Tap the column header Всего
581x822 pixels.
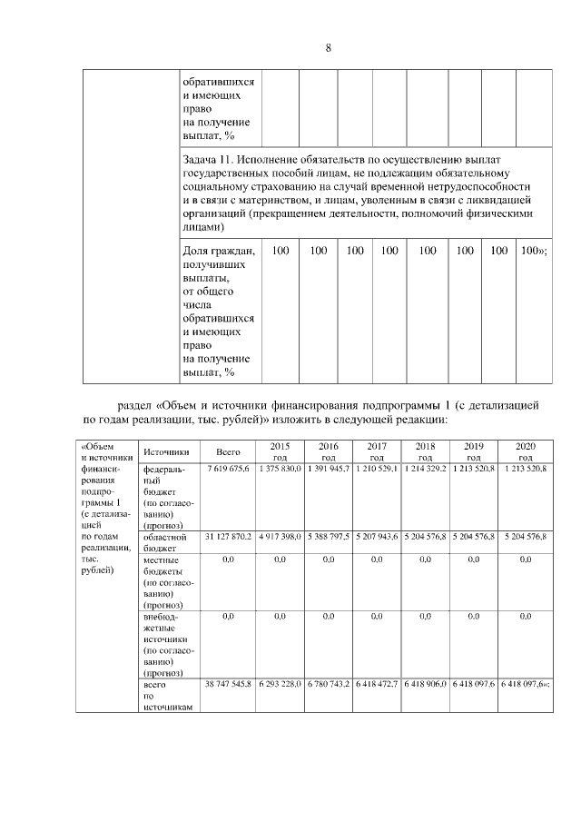tap(228, 451)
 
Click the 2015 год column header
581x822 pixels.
tap(280, 451)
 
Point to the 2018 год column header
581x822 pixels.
tap(424, 451)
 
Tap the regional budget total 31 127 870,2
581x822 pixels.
tap(228, 537)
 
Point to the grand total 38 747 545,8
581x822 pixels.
tap(228, 683)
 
